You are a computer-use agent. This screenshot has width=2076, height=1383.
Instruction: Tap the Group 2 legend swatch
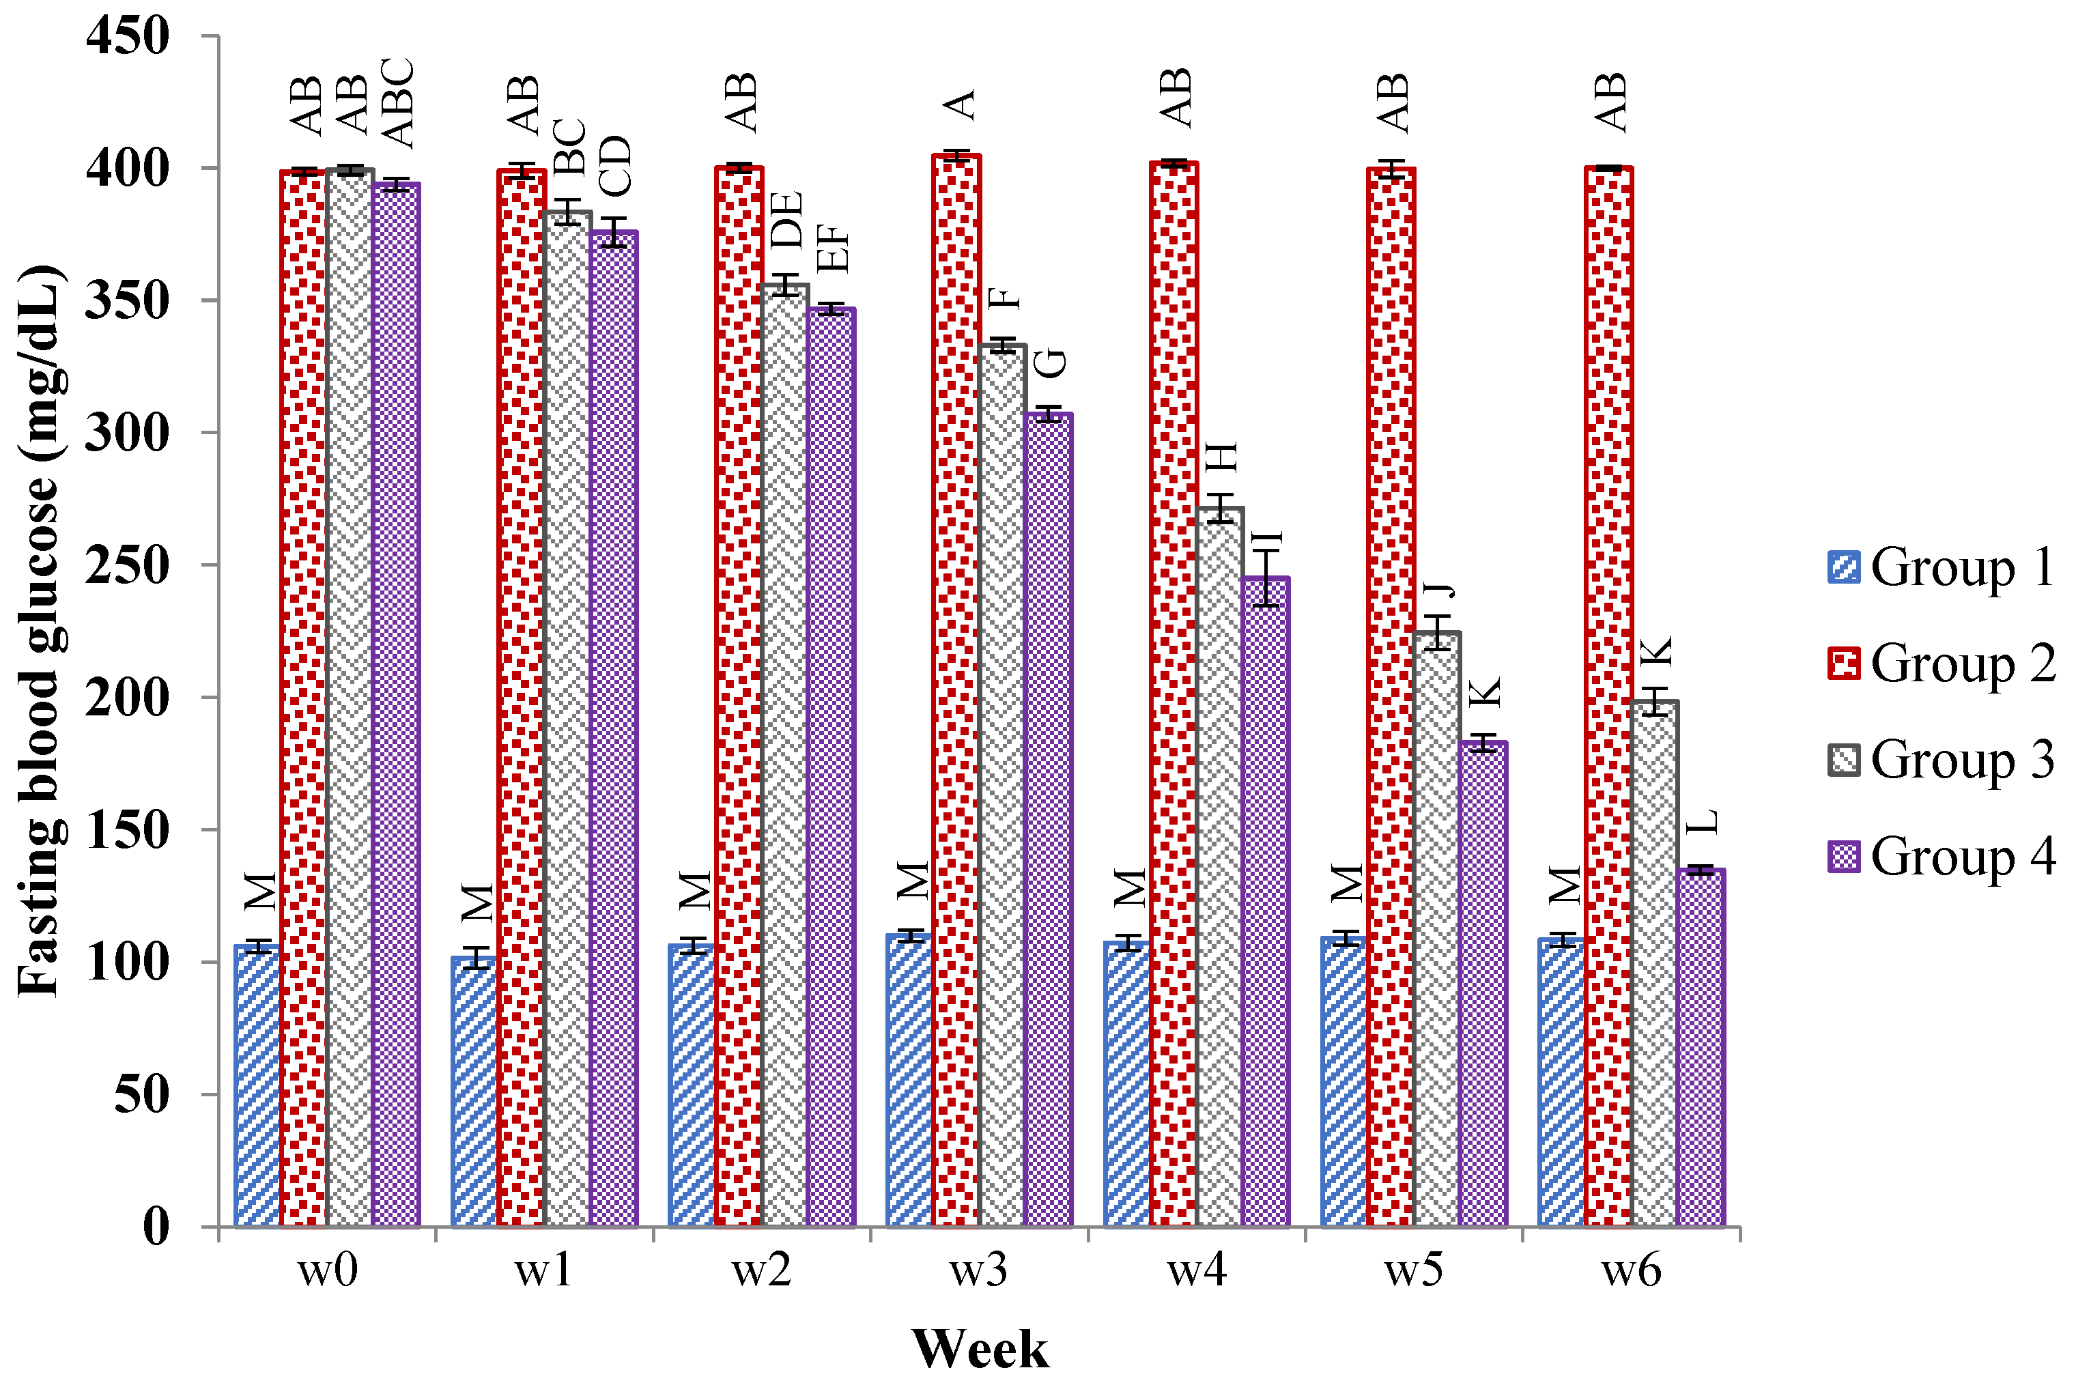coord(1843,664)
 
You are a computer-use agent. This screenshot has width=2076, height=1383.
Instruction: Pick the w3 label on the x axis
coord(978,1270)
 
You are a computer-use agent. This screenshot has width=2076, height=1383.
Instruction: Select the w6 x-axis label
coord(1631,1270)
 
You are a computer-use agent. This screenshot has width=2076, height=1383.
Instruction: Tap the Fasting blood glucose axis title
coord(40,631)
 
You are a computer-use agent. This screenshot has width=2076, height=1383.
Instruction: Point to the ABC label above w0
coord(397,102)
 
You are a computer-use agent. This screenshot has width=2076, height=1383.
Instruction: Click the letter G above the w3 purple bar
coord(1051,363)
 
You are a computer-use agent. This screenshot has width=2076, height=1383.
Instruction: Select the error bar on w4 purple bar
coord(1266,578)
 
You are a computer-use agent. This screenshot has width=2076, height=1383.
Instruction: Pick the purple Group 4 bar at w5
coord(1483,984)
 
